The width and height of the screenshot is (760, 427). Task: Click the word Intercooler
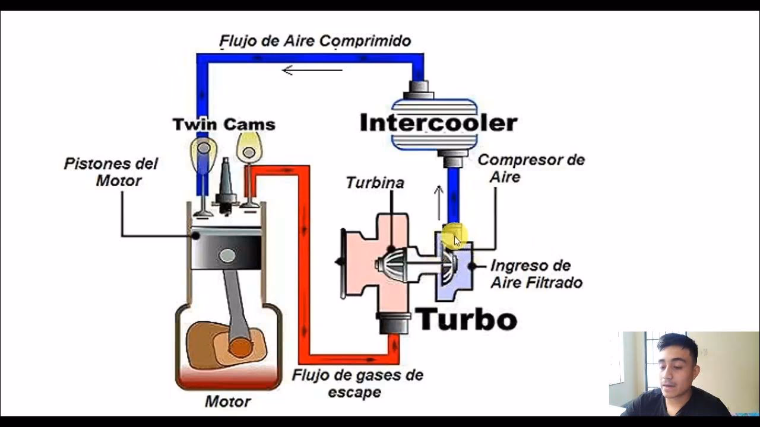coord(438,123)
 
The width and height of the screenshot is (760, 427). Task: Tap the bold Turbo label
coord(466,319)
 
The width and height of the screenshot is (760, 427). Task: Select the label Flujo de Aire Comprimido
coord(315,41)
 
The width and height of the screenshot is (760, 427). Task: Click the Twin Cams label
coord(224,125)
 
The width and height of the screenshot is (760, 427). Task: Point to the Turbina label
coord(375,183)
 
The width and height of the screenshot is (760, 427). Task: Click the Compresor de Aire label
coord(531,168)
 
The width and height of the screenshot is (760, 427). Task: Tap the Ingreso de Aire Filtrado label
coord(536,274)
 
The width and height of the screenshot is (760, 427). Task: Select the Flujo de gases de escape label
coord(357,383)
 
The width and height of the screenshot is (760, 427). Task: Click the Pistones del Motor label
coord(111,171)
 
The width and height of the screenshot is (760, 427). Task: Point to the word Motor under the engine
coord(227,401)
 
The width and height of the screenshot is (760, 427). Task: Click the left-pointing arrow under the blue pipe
coord(312,70)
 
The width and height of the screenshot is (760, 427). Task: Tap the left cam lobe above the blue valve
coord(203,148)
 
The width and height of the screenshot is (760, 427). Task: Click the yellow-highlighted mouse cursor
coord(455,237)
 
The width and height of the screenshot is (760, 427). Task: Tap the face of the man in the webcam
coord(677,365)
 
